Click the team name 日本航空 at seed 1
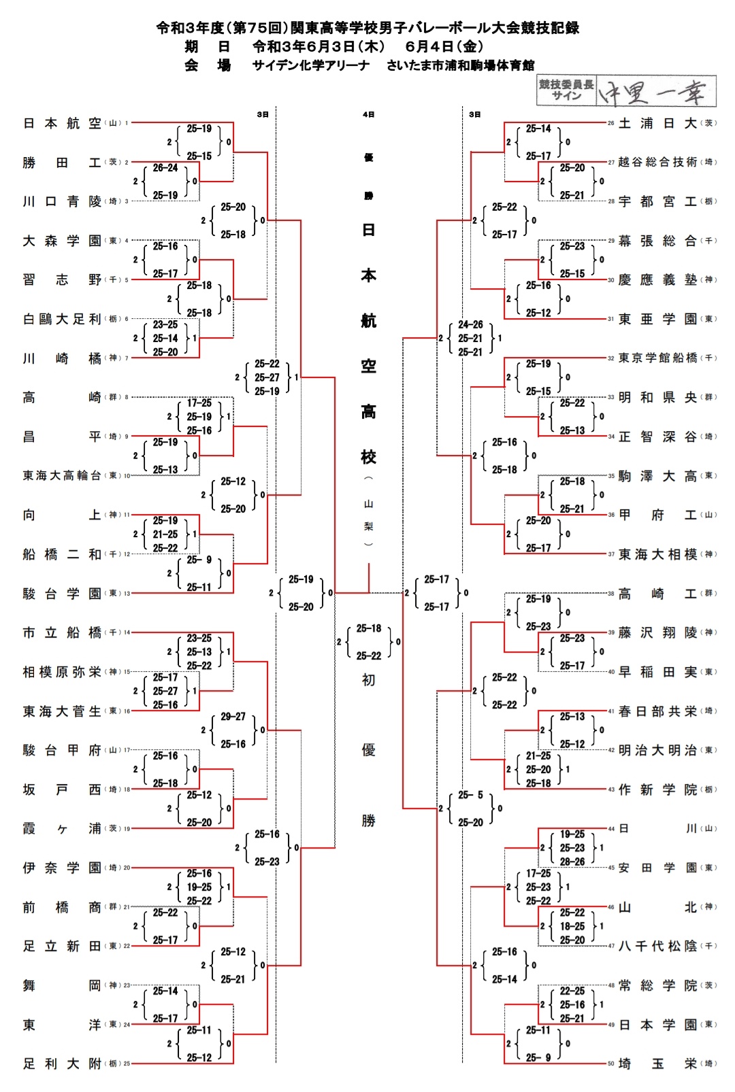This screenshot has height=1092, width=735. pos(62,123)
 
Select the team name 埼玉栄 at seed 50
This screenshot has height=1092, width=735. pos(657,1063)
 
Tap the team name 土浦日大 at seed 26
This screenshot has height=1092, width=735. pos(657,123)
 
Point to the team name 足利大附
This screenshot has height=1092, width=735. pos(62,1063)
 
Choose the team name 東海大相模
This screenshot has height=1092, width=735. pos(657,554)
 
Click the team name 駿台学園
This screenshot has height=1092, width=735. pos(62,594)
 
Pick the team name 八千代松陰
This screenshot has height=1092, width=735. pos(657,946)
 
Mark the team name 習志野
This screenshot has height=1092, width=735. pos(62,279)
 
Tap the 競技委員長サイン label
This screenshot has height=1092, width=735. pos(566,90)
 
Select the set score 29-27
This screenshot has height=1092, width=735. pos(233,717)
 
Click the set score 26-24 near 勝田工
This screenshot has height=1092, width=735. pos(165,168)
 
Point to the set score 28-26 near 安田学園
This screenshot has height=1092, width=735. pos(572,861)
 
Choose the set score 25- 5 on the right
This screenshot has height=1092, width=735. pos(470,795)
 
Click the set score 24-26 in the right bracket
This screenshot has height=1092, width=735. pos(470,324)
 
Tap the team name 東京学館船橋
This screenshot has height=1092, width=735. pos(657,358)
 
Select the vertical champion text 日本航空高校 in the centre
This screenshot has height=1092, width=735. pos(368,343)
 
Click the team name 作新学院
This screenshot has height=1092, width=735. pos(657,789)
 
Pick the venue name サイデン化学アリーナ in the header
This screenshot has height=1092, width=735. pos(311,65)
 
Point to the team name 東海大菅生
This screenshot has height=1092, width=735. pos(62,711)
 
